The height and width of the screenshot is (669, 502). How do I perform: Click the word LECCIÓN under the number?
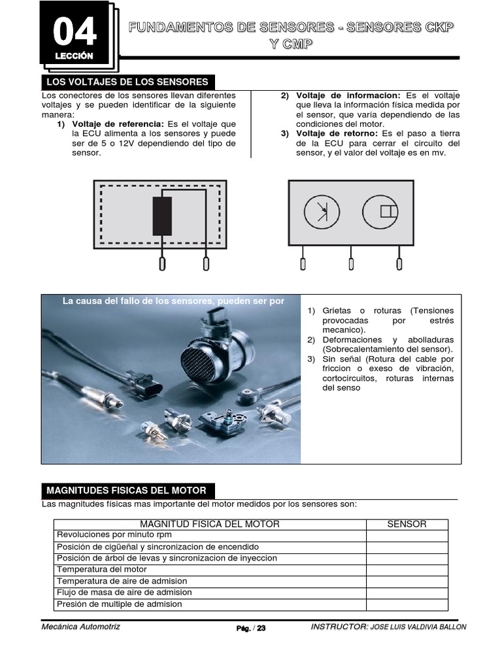tap(74, 56)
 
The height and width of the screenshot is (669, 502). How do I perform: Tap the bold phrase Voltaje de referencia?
tap(118, 124)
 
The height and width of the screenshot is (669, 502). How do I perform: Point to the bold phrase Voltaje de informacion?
tap(348, 95)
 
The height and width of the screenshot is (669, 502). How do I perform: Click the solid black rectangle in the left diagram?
tap(162, 216)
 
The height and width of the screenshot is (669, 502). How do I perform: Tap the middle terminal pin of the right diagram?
tap(351, 263)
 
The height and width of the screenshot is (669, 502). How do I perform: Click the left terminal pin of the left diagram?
tap(162, 263)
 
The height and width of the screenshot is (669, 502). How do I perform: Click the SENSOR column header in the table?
tap(407, 524)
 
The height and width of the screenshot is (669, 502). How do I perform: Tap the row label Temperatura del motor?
tap(97, 570)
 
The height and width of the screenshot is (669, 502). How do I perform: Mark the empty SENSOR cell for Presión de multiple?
tap(407, 604)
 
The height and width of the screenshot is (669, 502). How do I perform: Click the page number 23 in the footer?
tap(261, 628)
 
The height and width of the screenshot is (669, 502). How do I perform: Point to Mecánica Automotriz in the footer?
tap(81, 627)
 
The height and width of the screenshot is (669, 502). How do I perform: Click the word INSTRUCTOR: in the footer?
tap(339, 627)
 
